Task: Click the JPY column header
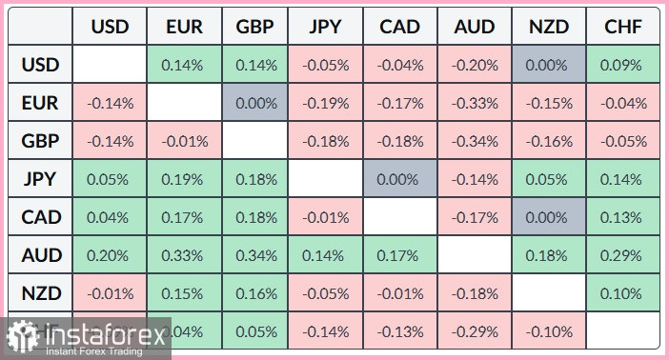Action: point(327,27)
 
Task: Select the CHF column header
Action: point(622,27)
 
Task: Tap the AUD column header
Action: point(476,27)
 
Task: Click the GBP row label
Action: point(40,141)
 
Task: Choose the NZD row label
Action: point(40,293)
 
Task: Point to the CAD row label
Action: point(40,217)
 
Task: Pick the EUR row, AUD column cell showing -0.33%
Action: point(476,104)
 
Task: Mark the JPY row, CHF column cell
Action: point(622,179)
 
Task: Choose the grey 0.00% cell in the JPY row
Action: point(401,179)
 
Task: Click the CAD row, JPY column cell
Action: point(327,217)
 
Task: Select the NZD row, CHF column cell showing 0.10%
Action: point(622,293)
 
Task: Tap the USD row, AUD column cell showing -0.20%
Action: point(476,66)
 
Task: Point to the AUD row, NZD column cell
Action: point(549,255)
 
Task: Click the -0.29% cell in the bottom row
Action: point(476,330)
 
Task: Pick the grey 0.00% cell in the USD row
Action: point(549,66)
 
